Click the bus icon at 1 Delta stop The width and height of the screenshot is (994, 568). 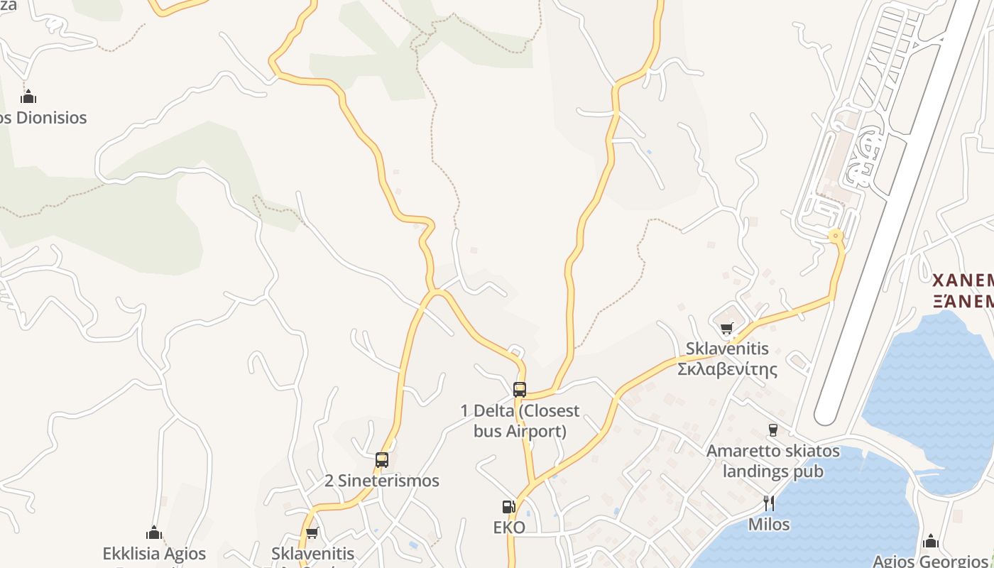[x=520, y=389]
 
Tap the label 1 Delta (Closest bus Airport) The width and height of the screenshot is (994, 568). [x=520, y=420]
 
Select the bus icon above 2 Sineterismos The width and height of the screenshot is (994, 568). [x=382, y=459]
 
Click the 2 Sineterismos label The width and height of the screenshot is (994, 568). [x=382, y=481]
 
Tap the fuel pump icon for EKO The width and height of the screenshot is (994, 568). [x=509, y=506]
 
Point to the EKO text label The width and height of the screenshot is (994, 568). [x=509, y=527]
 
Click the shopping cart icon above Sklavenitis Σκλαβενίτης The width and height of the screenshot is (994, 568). [x=726, y=328]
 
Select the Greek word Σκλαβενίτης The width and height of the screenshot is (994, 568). [x=727, y=369]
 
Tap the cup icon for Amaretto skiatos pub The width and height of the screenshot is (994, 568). [x=772, y=430]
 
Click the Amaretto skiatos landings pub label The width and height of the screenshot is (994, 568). [x=772, y=461]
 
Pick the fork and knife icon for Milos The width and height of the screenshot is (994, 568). [x=769, y=503]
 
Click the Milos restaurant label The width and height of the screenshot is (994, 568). [x=769, y=524]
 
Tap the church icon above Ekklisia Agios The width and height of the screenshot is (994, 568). [x=154, y=532]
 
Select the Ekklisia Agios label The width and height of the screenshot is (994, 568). [x=154, y=553]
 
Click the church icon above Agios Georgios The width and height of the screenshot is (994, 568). [x=931, y=541]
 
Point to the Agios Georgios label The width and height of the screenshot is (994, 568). [x=930, y=561]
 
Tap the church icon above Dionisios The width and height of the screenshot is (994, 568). [x=28, y=97]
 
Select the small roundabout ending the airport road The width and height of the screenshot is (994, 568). [x=836, y=235]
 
